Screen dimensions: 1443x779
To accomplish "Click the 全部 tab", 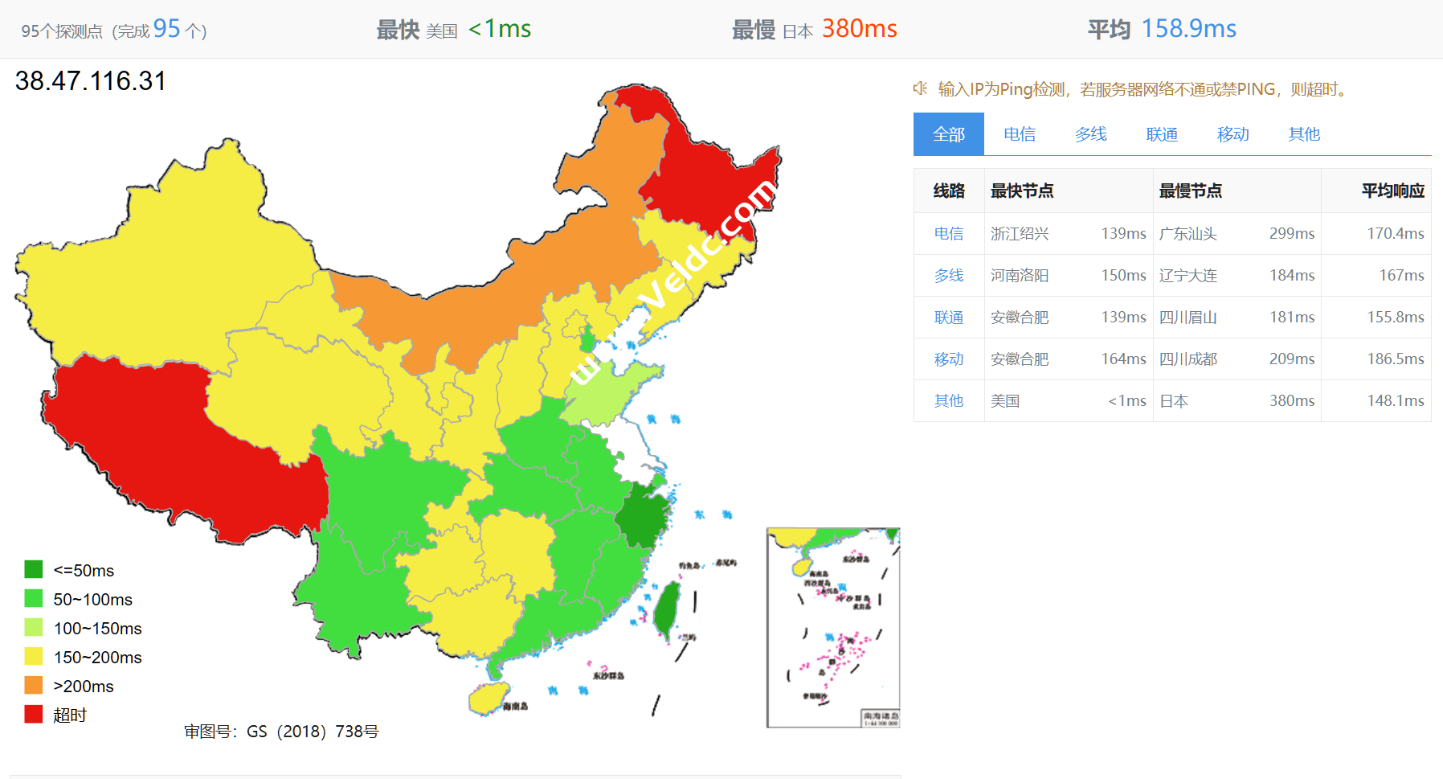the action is click(x=948, y=134).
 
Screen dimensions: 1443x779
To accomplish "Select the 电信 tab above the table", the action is click(x=1020, y=134).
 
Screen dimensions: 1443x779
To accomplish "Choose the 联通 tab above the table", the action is click(x=1162, y=134).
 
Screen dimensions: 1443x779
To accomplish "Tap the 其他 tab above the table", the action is click(x=1304, y=134).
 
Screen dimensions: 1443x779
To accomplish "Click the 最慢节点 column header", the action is click(x=1190, y=191).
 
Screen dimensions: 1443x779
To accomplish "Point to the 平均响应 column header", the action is click(x=1392, y=191).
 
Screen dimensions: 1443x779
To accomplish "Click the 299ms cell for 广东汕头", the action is click(x=1291, y=234).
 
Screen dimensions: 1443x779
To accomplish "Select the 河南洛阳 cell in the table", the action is click(x=1020, y=276).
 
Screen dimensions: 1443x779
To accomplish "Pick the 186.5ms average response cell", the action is click(x=1395, y=359).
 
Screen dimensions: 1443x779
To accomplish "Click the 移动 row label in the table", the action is click(x=949, y=359).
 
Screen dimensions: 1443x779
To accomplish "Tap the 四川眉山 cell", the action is click(x=1188, y=318).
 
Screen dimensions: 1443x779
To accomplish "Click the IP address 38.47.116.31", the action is click(x=91, y=81).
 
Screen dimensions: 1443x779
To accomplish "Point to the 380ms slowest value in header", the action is click(x=859, y=29).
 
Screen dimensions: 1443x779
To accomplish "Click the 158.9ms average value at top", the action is click(x=1188, y=29).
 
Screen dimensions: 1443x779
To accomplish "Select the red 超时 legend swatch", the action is click(x=34, y=714).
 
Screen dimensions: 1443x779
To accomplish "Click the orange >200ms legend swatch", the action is click(x=34, y=685).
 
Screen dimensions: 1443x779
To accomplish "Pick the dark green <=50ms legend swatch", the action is click(x=34, y=569).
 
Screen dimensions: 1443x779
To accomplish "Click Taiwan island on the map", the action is click(x=666, y=609).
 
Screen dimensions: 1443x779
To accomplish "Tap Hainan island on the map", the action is click(x=488, y=698).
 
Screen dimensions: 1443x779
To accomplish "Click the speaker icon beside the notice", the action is click(x=921, y=88).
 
